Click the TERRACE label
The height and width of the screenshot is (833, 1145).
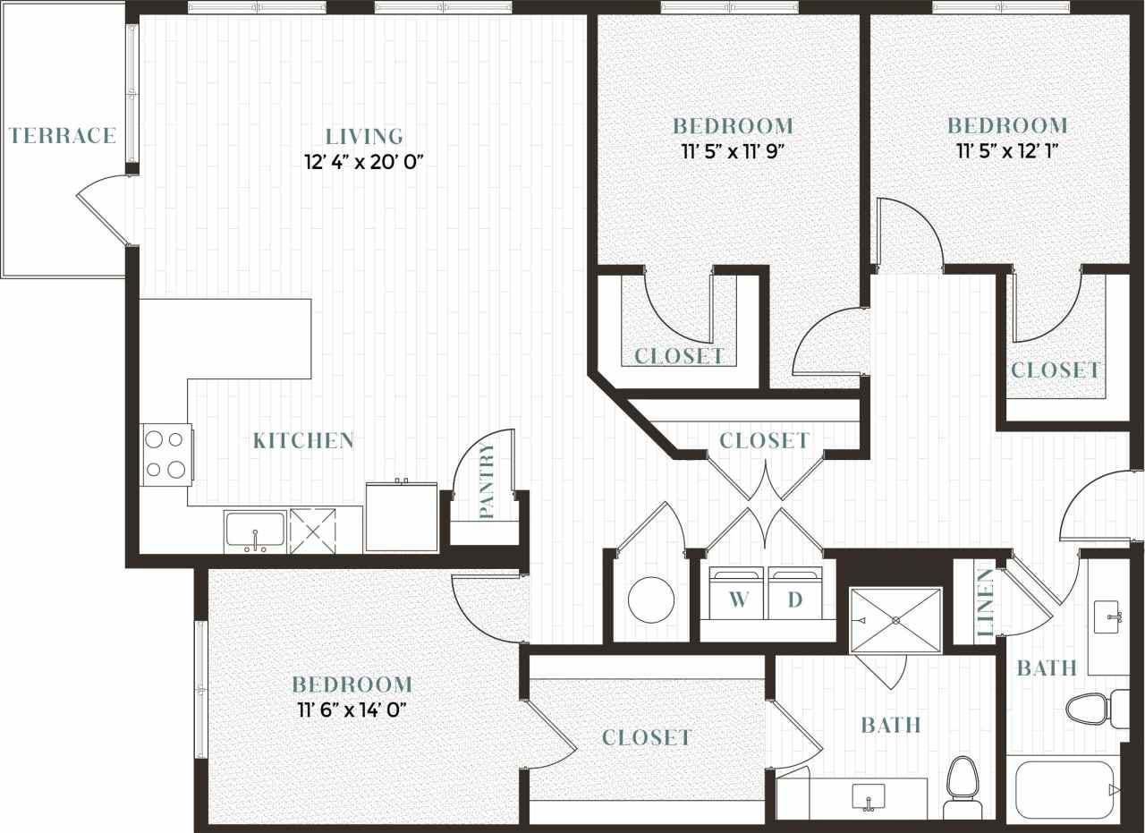click(x=63, y=136)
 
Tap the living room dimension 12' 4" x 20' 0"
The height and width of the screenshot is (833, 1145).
click(x=363, y=163)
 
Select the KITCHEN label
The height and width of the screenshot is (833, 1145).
click(x=303, y=440)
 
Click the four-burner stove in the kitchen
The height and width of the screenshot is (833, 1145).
click(x=165, y=455)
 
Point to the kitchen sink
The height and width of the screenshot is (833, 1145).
click(x=255, y=531)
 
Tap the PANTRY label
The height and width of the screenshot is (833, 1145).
click(x=487, y=480)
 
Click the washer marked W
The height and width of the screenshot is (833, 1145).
click(x=738, y=594)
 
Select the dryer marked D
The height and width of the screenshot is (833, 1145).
click(x=795, y=594)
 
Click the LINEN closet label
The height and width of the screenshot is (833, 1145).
click(x=985, y=603)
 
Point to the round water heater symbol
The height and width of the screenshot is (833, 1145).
click(x=650, y=599)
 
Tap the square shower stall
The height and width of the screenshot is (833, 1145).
click(x=895, y=620)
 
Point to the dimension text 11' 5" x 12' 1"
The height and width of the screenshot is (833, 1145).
click(x=1007, y=151)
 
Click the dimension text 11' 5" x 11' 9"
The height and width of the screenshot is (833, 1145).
click(x=733, y=151)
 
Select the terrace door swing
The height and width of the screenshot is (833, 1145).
click(x=106, y=210)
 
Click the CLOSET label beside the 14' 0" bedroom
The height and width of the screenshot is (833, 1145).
click(x=647, y=737)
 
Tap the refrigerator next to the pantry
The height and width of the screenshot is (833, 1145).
click(x=402, y=519)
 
